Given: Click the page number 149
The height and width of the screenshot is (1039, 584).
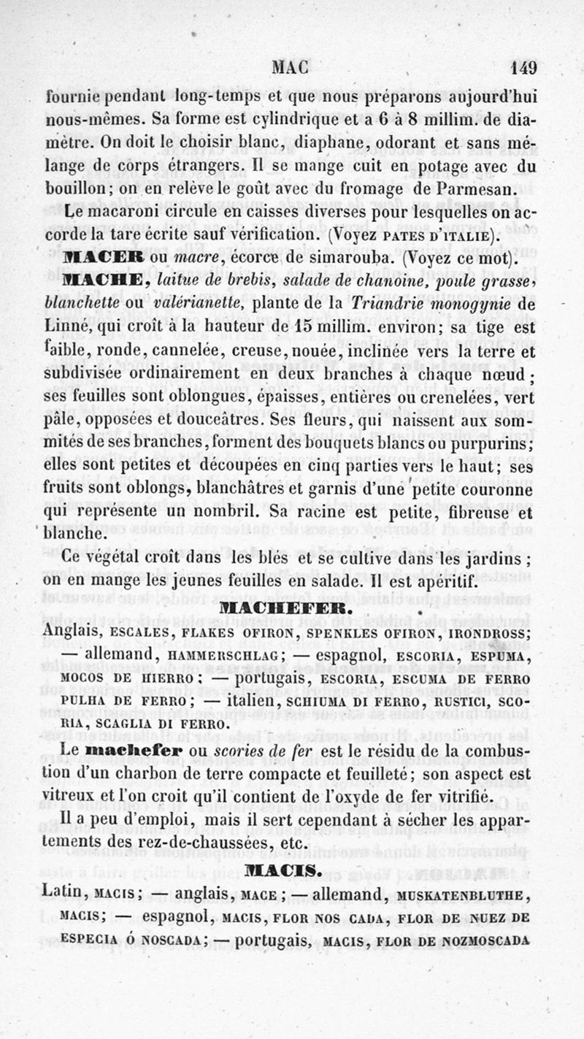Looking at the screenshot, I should click(523, 68).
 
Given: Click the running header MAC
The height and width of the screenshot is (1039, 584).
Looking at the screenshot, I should click(291, 68).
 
